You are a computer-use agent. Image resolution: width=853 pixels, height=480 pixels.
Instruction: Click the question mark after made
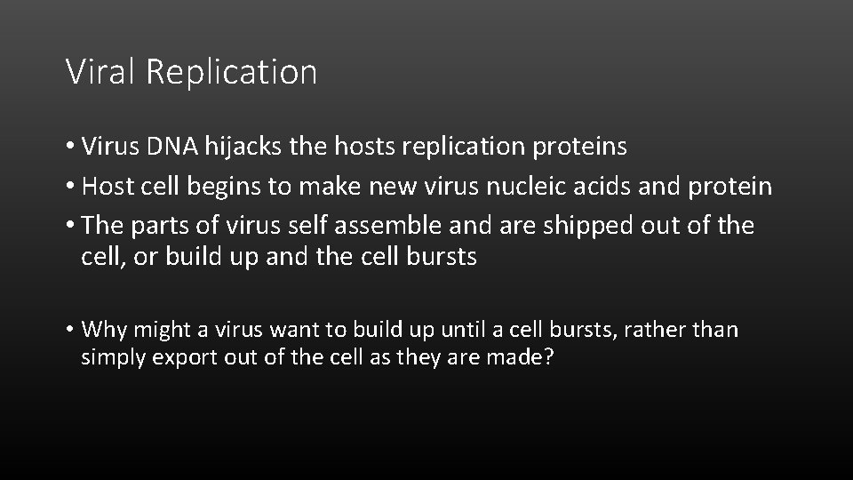point(548,358)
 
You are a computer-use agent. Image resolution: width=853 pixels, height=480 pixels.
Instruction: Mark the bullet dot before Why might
point(70,331)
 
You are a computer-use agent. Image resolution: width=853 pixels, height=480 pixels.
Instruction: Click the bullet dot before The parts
point(70,227)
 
